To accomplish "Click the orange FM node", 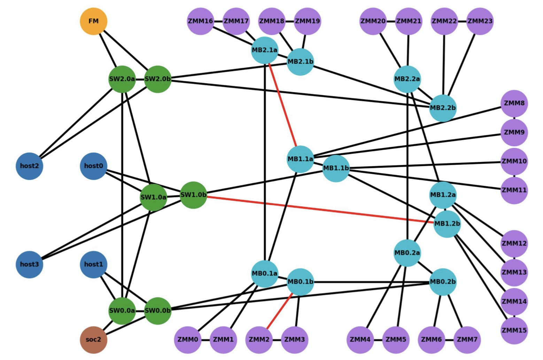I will [x=93, y=21].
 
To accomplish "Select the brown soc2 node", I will [x=93, y=339].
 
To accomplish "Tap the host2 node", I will [x=30, y=166].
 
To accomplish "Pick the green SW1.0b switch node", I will [x=193, y=195].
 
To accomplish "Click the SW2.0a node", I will [x=122, y=79].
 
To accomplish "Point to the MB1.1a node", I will [x=300, y=159].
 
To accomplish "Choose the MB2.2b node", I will [x=443, y=108].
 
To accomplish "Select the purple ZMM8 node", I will [x=514, y=103].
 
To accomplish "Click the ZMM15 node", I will [x=514, y=330].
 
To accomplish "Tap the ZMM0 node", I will [x=188, y=339].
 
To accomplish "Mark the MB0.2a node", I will [x=407, y=253].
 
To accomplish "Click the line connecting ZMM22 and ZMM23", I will [x=462, y=21].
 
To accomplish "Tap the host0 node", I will [x=93, y=166].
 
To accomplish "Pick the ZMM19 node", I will [x=307, y=21].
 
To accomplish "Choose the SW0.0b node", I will [x=158, y=311].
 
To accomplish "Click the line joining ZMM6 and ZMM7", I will [x=450, y=339].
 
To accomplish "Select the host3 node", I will [x=30, y=264].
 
